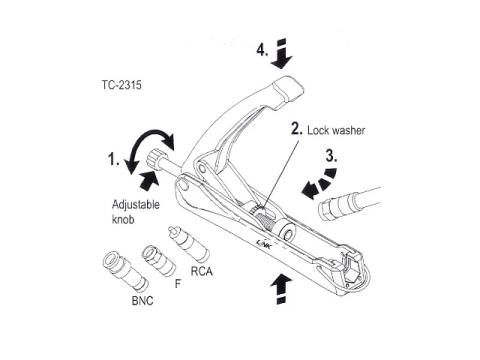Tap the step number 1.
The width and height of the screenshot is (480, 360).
click(x=114, y=160)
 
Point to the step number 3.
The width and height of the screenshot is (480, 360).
click(x=331, y=156)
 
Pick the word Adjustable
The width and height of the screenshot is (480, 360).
click(x=136, y=204)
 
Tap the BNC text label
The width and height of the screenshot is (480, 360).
click(x=142, y=300)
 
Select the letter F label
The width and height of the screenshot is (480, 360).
click(x=177, y=284)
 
